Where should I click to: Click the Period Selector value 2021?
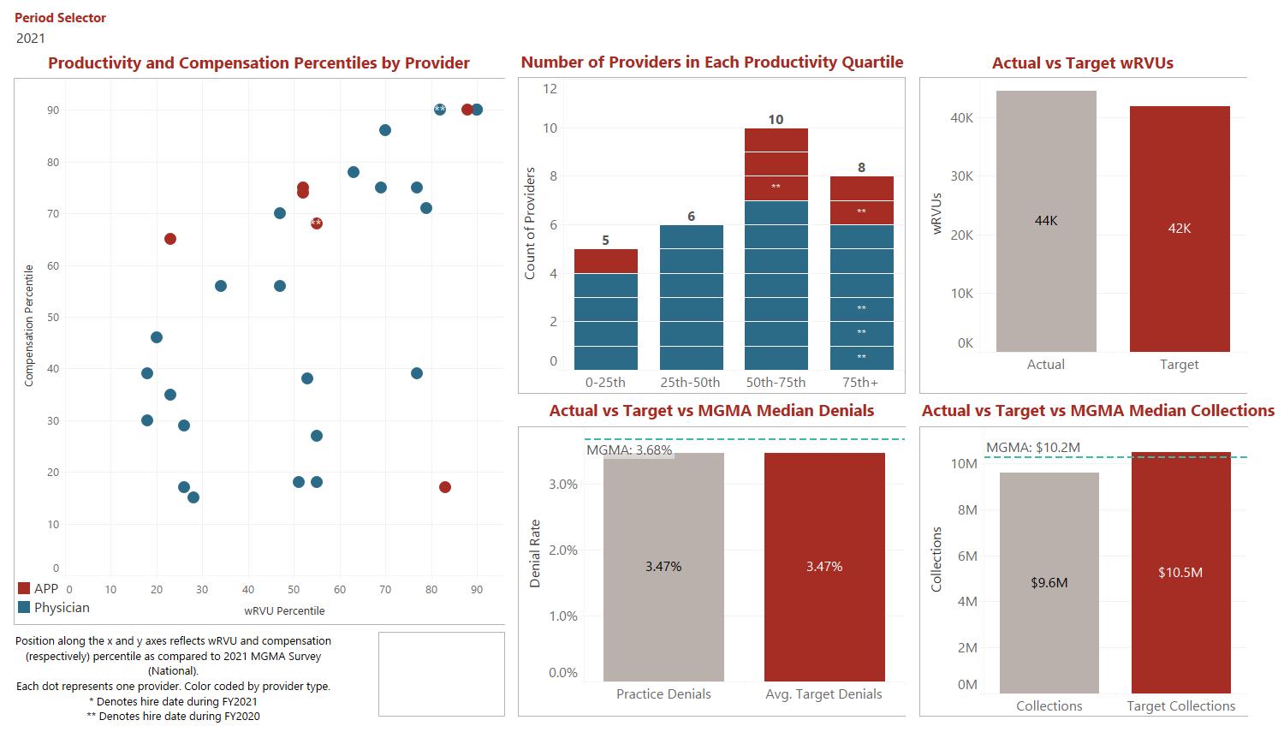[31, 38]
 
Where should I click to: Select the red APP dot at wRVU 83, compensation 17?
[444, 487]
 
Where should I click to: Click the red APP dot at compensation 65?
[170, 239]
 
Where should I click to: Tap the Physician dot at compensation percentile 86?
[385, 130]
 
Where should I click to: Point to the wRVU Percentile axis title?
[284, 611]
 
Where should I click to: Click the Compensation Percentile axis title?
[29, 325]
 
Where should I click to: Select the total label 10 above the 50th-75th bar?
[776, 120]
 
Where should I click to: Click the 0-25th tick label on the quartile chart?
[605, 383]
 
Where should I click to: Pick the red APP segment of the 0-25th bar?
[605, 261]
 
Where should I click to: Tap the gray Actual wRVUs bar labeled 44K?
[1046, 221]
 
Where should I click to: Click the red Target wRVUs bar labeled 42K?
[1180, 229]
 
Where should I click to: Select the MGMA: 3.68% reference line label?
[629, 450]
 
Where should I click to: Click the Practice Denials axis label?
[663, 694]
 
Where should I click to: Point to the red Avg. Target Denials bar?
[824, 567]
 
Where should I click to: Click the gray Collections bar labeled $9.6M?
[1049, 582]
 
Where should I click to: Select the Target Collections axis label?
[1180, 706]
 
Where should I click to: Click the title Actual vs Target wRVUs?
[1082, 63]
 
